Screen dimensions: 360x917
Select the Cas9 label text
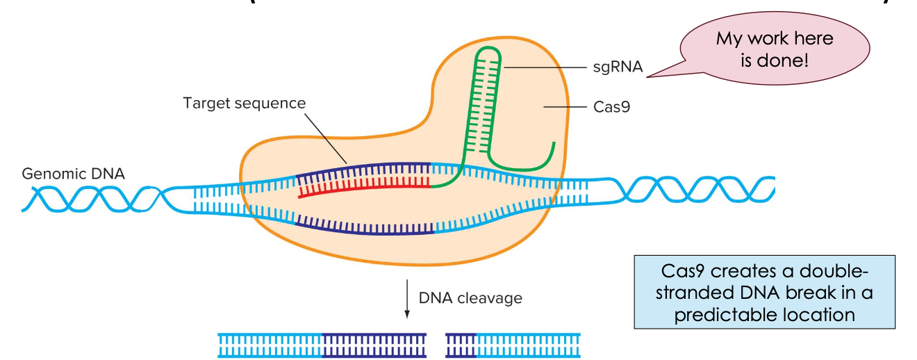tap(611, 107)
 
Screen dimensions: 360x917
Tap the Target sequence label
tap(244, 103)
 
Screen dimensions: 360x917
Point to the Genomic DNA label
tap(74, 174)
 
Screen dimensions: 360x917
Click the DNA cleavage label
tap(470, 298)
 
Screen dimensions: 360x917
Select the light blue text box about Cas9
tap(764, 292)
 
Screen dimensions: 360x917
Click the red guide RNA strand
tap(361, 190)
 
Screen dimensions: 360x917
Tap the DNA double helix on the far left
tap(90, 199)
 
